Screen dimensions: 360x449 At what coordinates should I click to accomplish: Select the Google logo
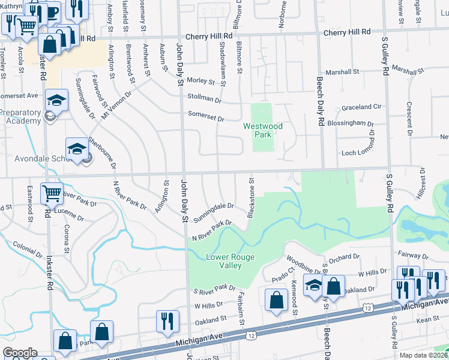click(x=20, y=353)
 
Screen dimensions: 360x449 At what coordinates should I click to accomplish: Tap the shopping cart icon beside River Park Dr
click(x=52, y=193)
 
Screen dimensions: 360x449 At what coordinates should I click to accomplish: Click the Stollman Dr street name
click(x=205, y=97)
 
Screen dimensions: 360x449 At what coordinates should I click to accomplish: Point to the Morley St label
click(x=200, y=80)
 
